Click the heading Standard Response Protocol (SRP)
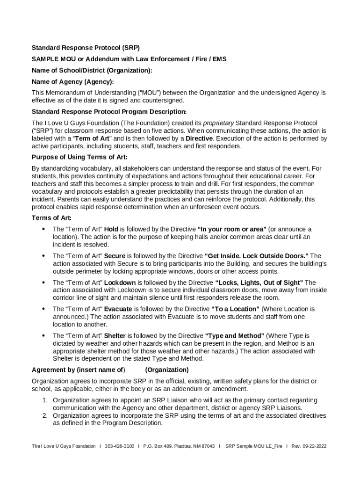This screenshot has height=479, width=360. (86, 48)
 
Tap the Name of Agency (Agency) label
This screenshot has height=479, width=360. (72, 82)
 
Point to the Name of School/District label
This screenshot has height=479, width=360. (92, 71)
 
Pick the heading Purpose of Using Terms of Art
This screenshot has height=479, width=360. (79, 157)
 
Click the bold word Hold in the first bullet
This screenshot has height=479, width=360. (111, 229)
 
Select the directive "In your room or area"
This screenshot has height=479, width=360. (232, 229)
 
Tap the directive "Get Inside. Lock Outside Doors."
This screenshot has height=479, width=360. (256, 256)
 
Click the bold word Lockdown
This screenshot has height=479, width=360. (120, 283)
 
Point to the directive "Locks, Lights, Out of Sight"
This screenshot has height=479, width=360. (259, 283)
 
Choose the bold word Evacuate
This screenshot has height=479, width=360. (118, 309)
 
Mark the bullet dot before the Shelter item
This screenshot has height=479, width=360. (43, 336)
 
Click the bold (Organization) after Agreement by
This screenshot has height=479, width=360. (160, 370)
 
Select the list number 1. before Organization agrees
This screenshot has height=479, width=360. (45, 400)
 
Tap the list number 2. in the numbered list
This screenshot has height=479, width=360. (45, 415)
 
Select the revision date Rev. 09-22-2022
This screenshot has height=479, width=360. (309, 446)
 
